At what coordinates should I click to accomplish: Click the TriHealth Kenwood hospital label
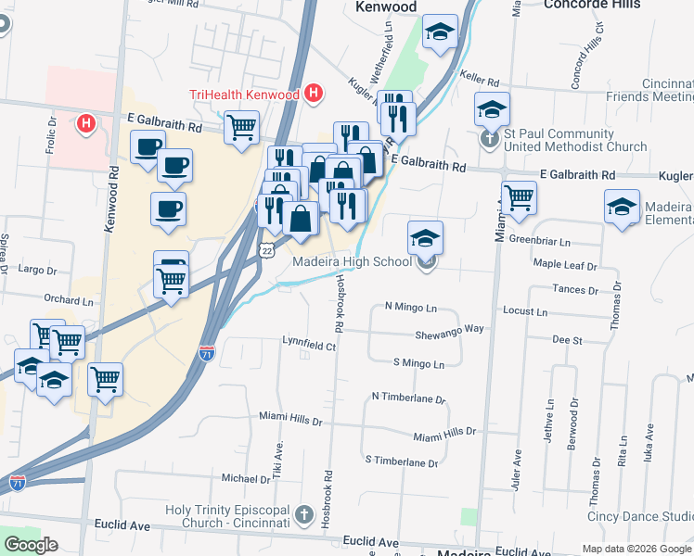tap(244, 95)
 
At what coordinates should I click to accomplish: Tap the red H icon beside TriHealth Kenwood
tap(314, 94)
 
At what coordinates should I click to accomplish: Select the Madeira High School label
tap(352, 261)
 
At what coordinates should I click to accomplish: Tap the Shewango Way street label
tap(449, 329)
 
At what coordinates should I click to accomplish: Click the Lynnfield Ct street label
tap(308, 345)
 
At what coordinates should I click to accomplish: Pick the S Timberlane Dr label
tap(401, 461)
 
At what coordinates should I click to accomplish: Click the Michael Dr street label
tap(245, 478)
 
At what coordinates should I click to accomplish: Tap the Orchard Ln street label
tap(69, 299)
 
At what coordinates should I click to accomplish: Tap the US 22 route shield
tap(266, 252)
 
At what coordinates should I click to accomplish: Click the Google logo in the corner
tap(31, 545)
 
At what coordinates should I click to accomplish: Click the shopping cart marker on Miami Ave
tap(519, 197)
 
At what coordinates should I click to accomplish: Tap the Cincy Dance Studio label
tap(640, 516)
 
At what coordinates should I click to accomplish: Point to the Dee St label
tap(566, 341)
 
